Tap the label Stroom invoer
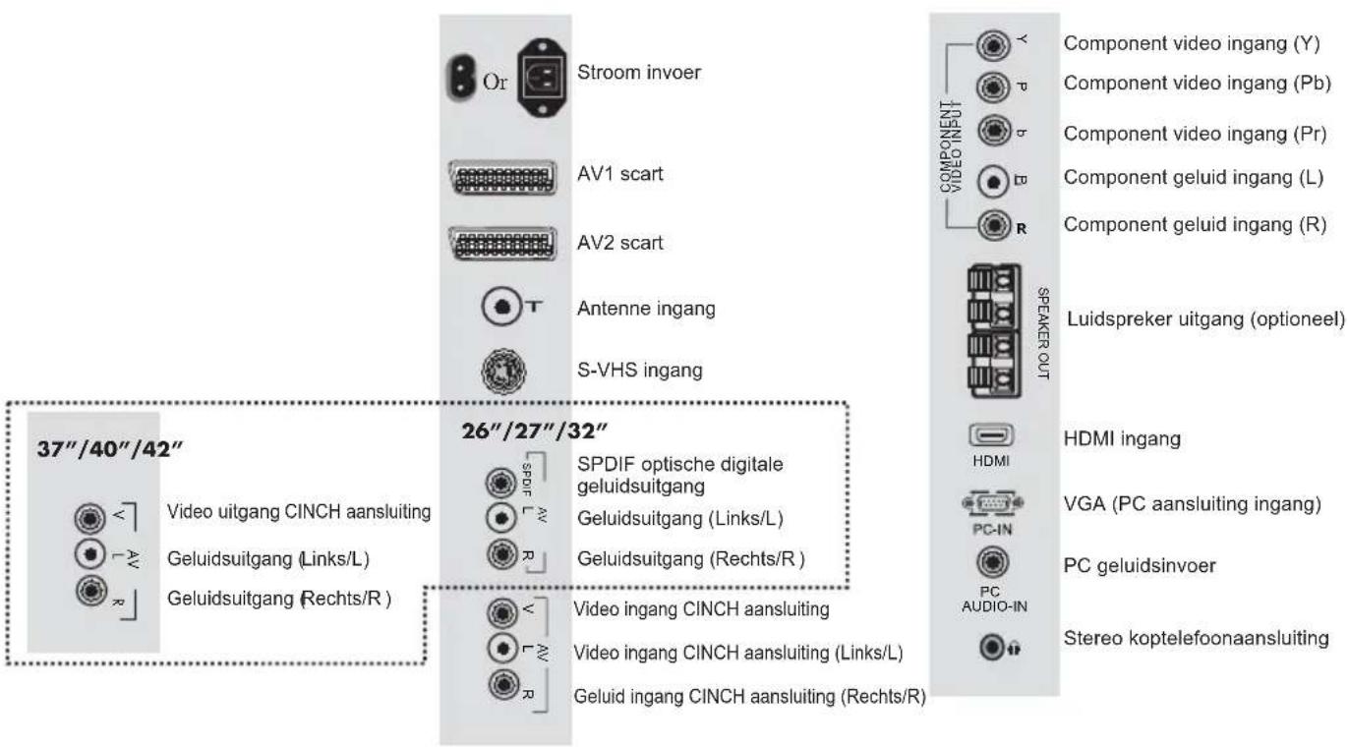(637, 74)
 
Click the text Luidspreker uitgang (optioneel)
(1205, 318)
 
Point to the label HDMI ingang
(1113, 439)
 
